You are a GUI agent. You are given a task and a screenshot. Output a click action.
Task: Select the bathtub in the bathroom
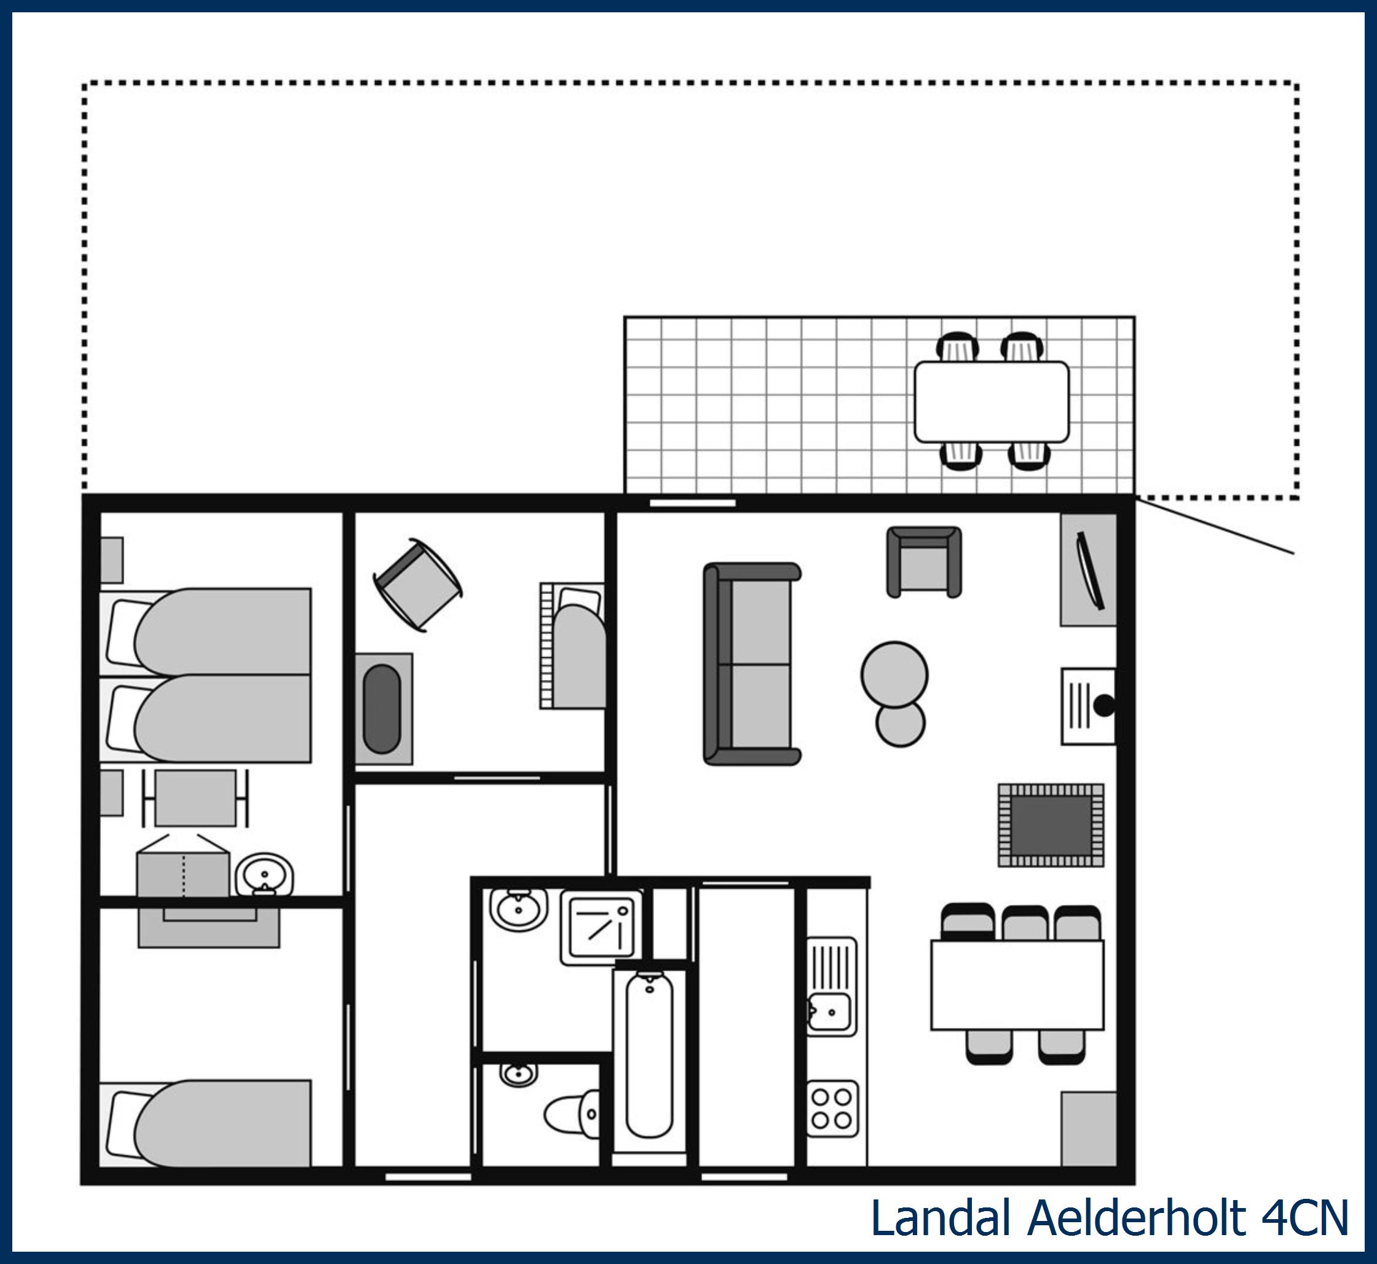pos(649,1056)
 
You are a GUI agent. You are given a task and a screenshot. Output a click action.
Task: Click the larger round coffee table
pos(894,674)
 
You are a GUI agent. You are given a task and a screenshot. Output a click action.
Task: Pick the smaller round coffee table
pos(900,725)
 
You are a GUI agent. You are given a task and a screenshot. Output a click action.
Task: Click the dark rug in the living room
pos(1051,825)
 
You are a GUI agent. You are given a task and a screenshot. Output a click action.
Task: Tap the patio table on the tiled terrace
pos(991,401)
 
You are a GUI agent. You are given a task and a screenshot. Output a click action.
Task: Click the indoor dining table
pos(1017,985)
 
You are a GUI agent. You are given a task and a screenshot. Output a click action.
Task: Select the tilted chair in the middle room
pos(418,585)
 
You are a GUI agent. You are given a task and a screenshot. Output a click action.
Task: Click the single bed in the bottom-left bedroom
pos(212,1124)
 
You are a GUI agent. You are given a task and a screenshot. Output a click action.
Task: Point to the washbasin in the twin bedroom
pos(265,875)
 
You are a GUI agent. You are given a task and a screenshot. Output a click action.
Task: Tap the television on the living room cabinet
pos(1091,571)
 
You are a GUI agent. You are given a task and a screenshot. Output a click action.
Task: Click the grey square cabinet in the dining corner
pos(1088,1129)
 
